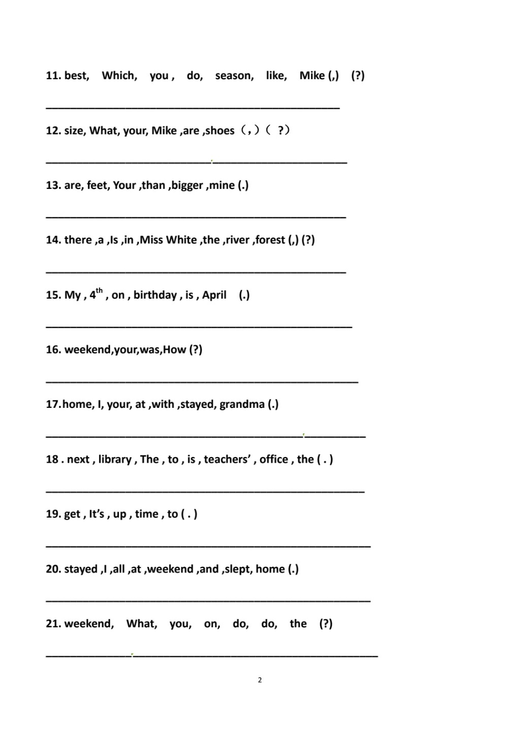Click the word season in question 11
[x=233, y=76]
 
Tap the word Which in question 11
[x=118, y=76]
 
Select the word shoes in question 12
[x=219, y=131]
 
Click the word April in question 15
[x=214, y=295]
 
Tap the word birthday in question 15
[x=155, y=295]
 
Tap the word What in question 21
[x=141, y=624]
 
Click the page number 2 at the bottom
[x=260, y=680]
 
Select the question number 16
[x=53, y=349]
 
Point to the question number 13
[x=53, y=185]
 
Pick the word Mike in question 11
[x=312, y=76]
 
